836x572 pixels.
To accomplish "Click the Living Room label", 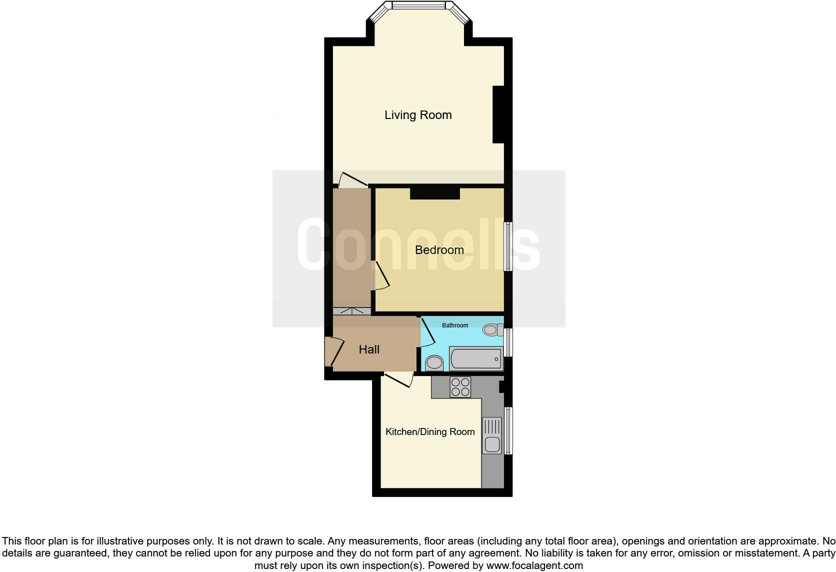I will coord(418,115).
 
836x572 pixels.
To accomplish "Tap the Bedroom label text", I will coord(439,249).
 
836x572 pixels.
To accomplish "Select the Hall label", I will coord(369,349).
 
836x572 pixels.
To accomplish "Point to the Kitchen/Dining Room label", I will coord(430,431).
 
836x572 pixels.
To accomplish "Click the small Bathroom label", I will coord(455,325).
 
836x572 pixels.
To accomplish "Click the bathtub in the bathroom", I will coord(475,358).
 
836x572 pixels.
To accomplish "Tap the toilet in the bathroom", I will coord(492,329).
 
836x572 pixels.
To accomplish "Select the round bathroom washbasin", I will coord(434,362).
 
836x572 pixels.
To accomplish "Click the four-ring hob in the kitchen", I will coord(460,387).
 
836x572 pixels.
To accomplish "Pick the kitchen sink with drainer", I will coord(492,435).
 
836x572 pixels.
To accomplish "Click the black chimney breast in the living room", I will coord(498,114).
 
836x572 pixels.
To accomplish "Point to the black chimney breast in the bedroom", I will coord(434,193).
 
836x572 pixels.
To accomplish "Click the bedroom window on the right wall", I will coord(508,246).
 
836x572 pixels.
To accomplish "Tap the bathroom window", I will coord(508,342).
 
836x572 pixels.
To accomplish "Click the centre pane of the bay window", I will coord(418,5).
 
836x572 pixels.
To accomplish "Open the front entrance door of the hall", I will coord(333,351).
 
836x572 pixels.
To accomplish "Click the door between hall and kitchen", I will coord(398,380).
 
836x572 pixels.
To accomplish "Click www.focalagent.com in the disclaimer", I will coord(534,566).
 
